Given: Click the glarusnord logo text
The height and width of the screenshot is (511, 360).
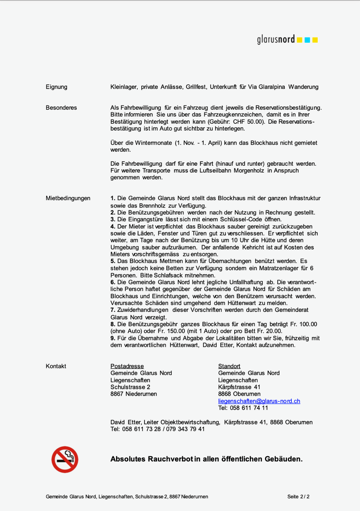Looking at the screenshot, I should [276, 40].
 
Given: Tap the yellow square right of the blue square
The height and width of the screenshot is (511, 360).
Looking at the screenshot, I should [315, 40].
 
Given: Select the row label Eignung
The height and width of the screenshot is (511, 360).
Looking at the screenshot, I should [56, 87].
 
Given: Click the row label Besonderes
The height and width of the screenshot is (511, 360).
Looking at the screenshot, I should [61, 108].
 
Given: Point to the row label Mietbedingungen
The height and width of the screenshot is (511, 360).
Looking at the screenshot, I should [68, 198].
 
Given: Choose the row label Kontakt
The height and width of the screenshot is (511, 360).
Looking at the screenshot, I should [56, 366].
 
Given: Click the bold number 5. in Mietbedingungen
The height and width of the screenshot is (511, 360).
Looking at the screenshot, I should [113, 261].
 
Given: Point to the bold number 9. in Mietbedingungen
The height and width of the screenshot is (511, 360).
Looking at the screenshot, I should [113, 339].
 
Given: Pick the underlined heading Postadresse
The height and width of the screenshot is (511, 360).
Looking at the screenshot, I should [127, 366].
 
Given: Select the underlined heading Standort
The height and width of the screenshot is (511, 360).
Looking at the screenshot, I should [229, 366].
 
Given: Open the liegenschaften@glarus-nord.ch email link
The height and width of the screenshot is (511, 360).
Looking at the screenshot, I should [259, 401].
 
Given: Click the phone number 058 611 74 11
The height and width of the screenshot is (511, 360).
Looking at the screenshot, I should [249, 408].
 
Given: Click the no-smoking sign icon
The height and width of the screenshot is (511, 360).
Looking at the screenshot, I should [65, 460].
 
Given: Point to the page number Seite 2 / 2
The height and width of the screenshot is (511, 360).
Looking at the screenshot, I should [298, 497].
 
